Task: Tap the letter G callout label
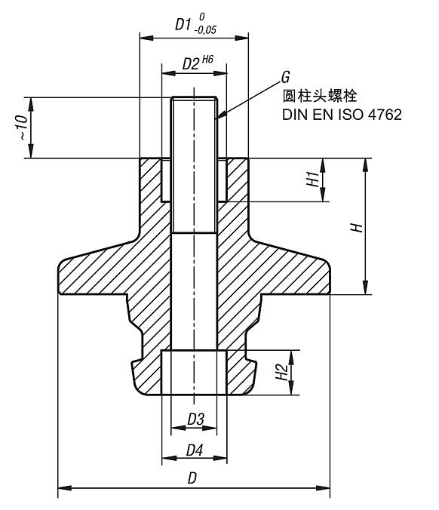coord(285,78)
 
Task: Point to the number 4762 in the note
coord(385,115)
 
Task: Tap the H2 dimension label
coord(280,372)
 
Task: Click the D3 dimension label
coord(195,419)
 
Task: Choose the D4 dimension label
coord(195,450)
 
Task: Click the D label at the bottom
coord(193,478)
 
